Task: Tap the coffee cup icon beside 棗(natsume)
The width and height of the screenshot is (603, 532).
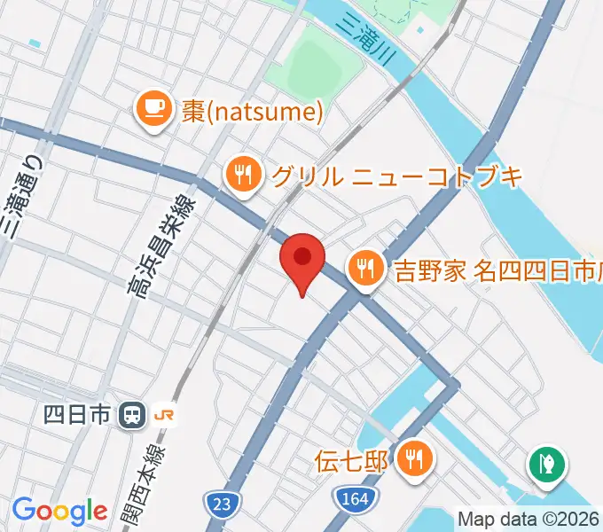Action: (x=153, y=110)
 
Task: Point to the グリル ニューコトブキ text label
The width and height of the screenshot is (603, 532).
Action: (x=396, y=176)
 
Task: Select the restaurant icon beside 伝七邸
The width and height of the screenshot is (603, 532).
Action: (x=412, y=459)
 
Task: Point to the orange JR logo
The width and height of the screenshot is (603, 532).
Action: (x=165, y=414)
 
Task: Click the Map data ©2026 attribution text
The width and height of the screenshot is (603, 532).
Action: (x=529, y=519)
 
